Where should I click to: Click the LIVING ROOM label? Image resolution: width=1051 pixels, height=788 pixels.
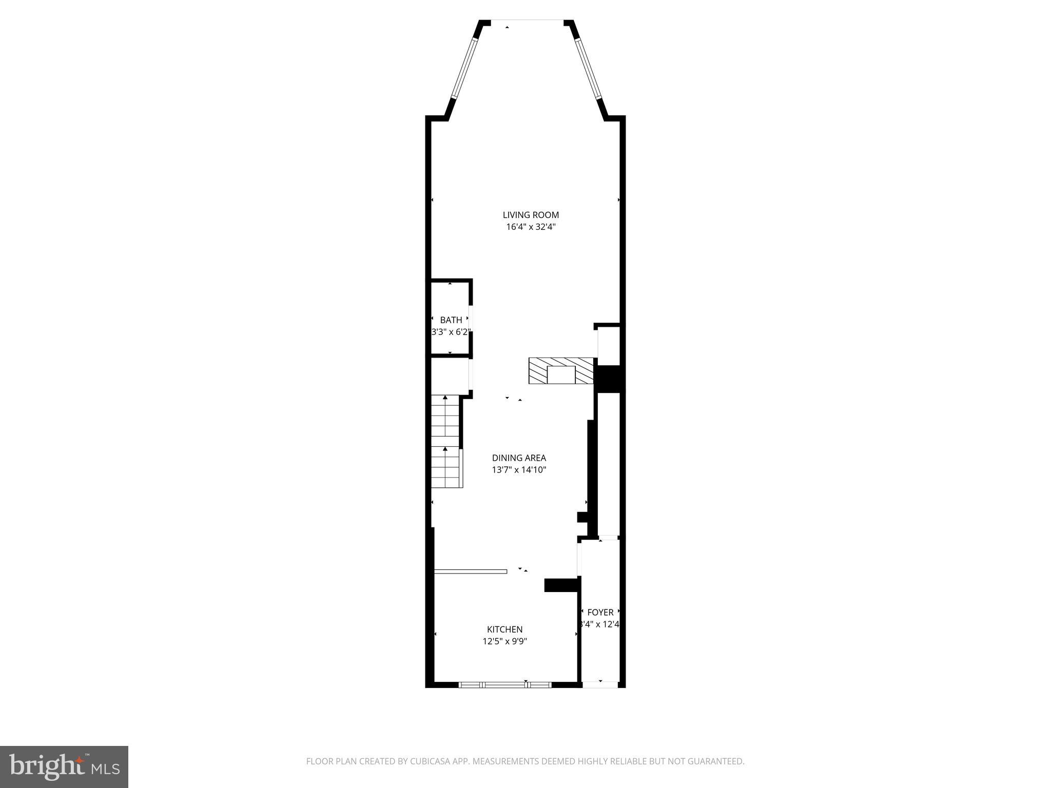click(x=531, y=215)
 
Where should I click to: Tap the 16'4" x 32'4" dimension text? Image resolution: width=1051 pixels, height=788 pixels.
click(x=531, y=227)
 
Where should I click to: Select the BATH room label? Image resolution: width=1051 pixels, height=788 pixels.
click(x=451, y=320)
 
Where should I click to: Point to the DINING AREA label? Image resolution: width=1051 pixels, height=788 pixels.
click(x=519, y=458)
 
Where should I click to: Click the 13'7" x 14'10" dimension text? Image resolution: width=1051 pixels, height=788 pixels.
click(x=519, y=469)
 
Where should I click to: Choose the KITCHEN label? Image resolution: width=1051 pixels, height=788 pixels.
click(x=504, y=629)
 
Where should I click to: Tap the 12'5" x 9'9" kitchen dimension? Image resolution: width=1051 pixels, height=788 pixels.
click(x=504, y=641)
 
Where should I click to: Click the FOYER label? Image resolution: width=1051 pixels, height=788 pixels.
click(x=600, y=613)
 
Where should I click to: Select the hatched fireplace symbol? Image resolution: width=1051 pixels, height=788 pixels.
click(x=561, y=370)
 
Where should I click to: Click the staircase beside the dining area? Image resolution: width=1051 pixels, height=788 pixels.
click(x=445, y=441)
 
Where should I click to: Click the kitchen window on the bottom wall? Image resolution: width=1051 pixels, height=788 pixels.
click(x=504, y=684)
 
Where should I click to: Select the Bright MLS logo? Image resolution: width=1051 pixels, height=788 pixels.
click(x=64, y=766)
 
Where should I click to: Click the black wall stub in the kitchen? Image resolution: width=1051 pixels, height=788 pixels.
click(x=561, y=585)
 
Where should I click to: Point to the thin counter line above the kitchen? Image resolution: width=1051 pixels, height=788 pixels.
click(x=470, y=571)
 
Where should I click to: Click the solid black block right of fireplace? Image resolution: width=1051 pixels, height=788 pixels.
click(x=608, y=379)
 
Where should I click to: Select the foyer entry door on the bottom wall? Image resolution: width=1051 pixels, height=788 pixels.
click(x=600, y=684)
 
